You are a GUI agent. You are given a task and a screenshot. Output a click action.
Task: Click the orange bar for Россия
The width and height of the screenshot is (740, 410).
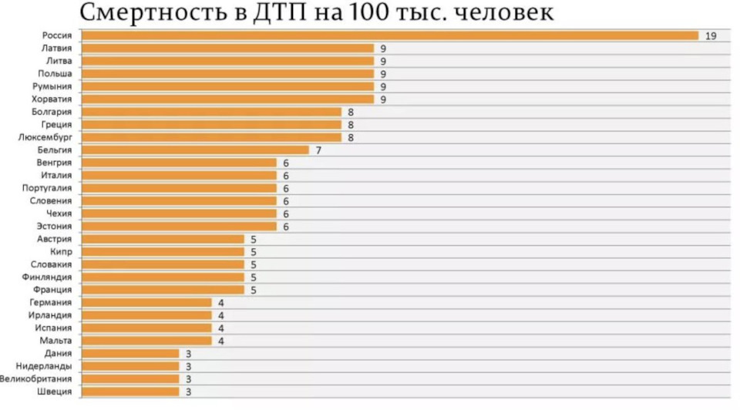389,35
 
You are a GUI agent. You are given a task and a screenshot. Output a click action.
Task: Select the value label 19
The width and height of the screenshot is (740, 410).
711,35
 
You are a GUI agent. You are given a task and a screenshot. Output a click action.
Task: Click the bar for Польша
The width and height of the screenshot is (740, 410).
227,73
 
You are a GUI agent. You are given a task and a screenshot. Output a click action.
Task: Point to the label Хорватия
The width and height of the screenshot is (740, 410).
52,99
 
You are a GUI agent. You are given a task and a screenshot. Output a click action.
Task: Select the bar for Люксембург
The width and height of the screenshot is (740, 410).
211,137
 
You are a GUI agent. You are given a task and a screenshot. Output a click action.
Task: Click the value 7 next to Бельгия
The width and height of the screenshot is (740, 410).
318,150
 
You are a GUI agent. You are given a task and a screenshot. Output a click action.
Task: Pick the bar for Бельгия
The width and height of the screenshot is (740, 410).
195,150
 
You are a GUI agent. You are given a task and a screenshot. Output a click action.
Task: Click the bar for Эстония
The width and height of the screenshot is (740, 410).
179,226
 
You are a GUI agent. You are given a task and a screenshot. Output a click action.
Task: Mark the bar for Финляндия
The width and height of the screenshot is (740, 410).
163,277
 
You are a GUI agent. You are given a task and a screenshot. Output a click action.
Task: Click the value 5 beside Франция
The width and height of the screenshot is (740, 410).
253,290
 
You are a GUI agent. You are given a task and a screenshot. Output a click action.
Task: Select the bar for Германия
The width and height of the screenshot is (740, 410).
146,302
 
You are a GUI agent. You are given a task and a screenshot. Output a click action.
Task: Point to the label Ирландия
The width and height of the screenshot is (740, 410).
52,315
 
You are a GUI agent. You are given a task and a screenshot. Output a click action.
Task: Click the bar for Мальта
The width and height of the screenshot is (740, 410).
146,341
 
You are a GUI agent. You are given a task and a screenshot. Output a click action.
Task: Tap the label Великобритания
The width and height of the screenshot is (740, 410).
36,378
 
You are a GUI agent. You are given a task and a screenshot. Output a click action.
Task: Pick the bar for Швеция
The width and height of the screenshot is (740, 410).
130,392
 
